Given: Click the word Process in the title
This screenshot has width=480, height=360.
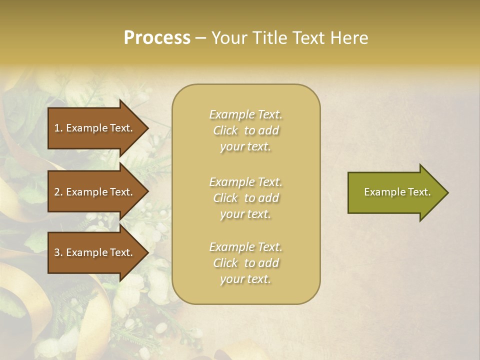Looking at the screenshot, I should (x=157, y=38).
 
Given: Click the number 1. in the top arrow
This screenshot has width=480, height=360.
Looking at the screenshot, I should (x=58, y=128).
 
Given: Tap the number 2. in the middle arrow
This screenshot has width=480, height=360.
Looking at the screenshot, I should (x=58, y=192).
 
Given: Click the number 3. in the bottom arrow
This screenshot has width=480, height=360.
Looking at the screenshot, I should (x=58, y=252).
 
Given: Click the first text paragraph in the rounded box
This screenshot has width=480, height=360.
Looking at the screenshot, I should (x=245, y=130).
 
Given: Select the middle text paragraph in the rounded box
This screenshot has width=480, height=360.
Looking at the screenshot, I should (x=245, y=198).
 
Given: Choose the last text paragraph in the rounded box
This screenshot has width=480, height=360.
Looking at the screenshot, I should (x=245, y=263).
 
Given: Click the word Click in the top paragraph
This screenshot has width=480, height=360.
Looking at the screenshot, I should (x=225, y=130).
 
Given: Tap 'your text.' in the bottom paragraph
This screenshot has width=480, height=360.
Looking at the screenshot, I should (x=245, y=279).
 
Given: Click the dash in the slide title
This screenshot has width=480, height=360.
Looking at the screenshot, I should (x=200, y=38).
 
